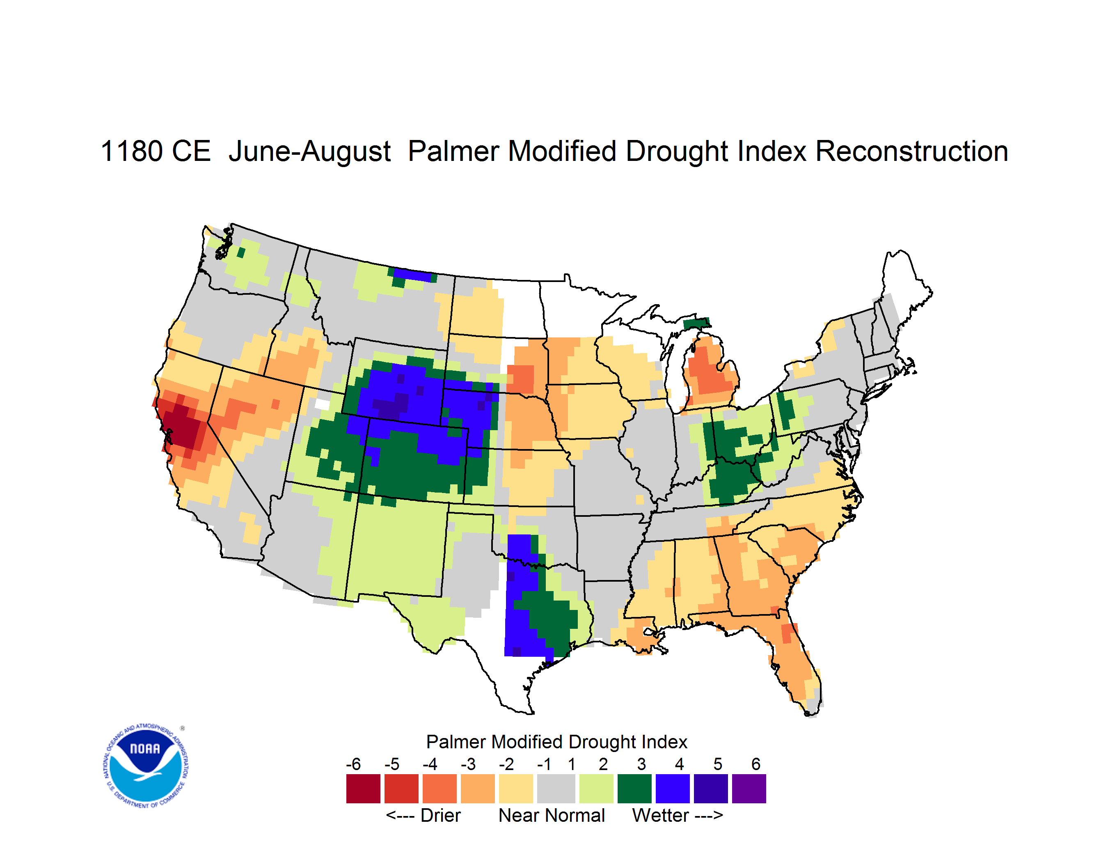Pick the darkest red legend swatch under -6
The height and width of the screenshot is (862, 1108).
click(x=363, y=789)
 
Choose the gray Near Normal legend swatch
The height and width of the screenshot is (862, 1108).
click(x=556, y=789)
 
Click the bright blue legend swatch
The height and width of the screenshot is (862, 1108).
click(x=673, y=789)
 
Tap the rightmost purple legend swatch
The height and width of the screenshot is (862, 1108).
click(x=749, y=789)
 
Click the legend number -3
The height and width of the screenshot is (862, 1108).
click(x=468, y=764)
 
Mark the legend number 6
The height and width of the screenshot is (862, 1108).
click(x=756, y=764)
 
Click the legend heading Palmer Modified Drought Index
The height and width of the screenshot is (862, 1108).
click(x=556, y=742)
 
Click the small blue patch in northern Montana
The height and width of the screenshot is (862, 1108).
click(x=412, y=275)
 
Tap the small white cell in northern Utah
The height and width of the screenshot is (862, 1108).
click(x=322, y=404)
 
